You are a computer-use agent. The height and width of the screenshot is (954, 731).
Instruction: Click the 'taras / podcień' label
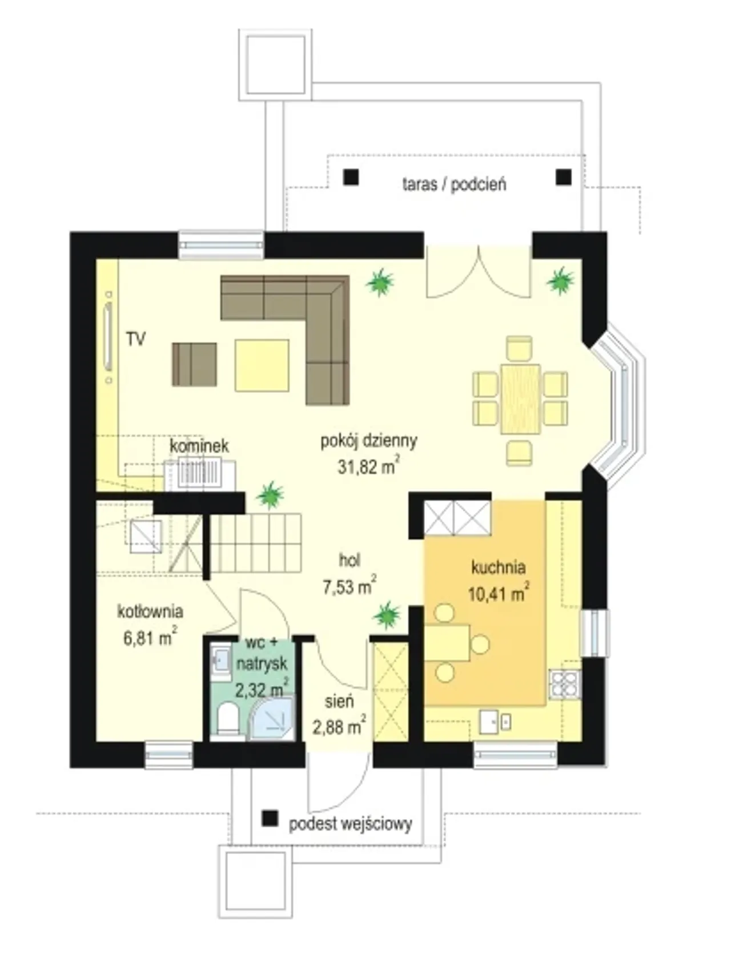454,184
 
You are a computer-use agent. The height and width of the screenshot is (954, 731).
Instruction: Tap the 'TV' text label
136,339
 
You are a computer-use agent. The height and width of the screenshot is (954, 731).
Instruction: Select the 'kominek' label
199,446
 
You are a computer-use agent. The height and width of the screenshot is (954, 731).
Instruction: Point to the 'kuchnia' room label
498,567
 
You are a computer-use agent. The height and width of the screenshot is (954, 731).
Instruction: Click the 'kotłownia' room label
150,612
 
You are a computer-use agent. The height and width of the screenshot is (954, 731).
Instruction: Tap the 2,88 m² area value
339,726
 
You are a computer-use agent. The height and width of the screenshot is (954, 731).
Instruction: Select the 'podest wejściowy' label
350,824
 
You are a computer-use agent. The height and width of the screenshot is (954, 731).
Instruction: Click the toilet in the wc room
228,718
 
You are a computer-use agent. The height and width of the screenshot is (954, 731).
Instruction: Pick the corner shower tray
272,718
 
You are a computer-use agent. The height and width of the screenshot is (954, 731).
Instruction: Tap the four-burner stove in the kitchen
564,684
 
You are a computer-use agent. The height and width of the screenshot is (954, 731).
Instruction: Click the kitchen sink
495,722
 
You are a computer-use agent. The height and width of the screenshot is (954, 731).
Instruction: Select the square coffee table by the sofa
262,365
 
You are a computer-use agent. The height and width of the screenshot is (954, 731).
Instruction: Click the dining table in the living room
520,399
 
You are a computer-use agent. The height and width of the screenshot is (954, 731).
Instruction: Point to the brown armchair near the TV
194,364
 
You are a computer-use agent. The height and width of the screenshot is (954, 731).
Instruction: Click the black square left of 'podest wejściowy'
270,819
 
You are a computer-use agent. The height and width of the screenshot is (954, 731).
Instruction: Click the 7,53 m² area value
349,587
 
